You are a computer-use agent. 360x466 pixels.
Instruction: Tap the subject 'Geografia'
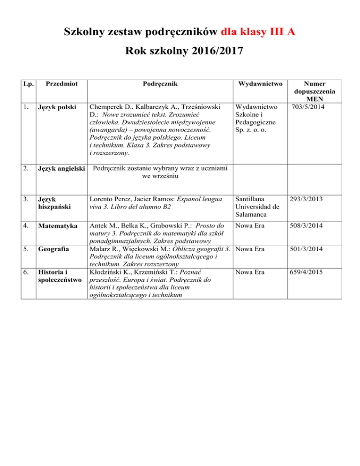52,249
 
